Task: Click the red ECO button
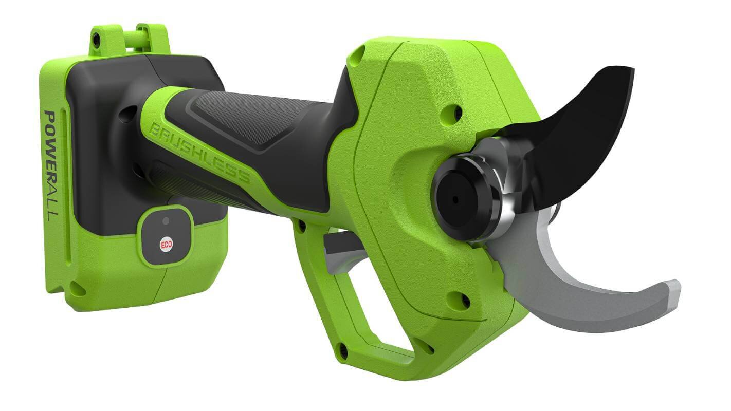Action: coord(166,245)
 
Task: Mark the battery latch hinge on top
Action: coord(129,39)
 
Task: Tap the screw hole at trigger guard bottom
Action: coord(343,352)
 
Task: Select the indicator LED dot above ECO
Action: coord(165,220)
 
